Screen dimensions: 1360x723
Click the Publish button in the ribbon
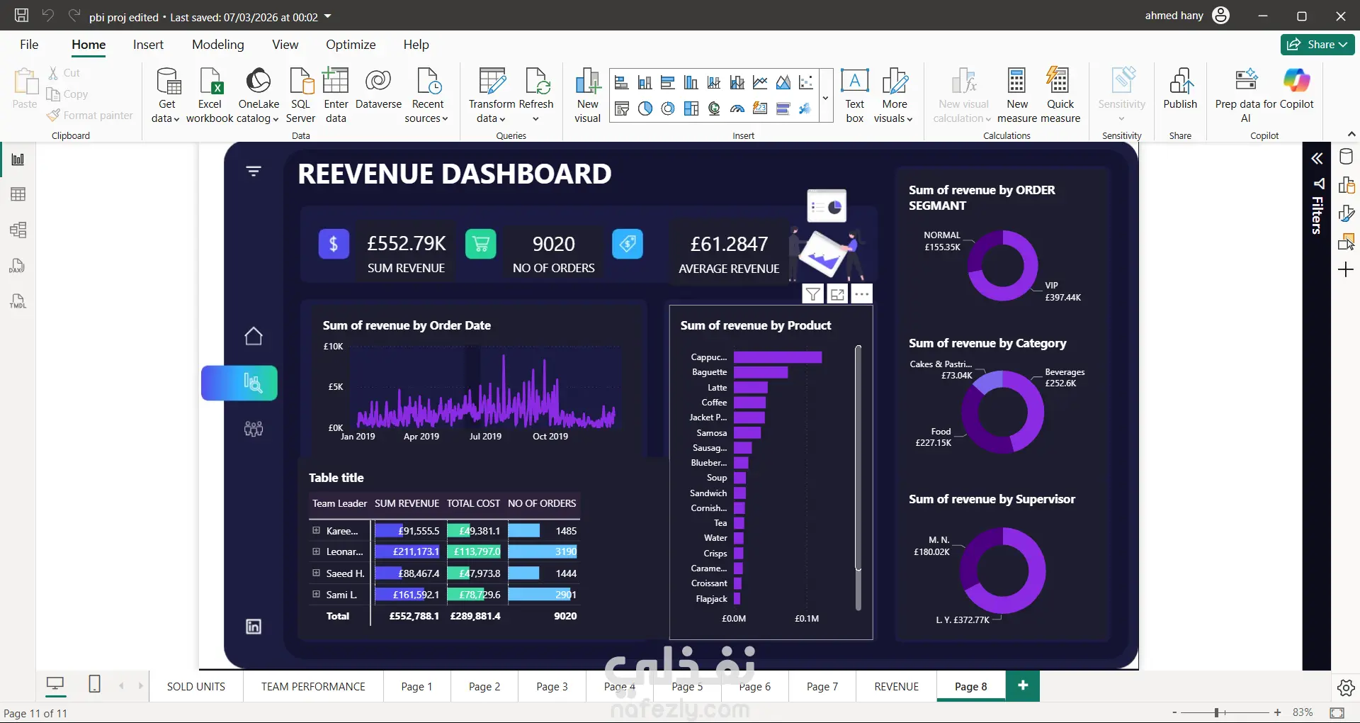coord(1180,89)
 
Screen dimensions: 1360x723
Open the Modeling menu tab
coord(217,45)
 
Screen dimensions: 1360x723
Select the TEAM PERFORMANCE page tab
coord(313,686)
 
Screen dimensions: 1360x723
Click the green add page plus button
coord(1023,685)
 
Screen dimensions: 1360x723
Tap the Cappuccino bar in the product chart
coord(778,357)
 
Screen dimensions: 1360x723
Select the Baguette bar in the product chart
coord(761,372)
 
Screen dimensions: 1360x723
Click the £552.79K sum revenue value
coord(407,244)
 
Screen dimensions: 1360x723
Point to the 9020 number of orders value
coord(554,244)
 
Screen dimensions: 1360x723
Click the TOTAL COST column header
coord(473,503)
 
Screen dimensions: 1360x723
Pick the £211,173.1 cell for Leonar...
coord(416,551)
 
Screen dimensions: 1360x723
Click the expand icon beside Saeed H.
coord(316,573)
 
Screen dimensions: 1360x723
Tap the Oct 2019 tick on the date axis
coord(550,437)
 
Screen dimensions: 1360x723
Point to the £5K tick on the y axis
coord(336,387)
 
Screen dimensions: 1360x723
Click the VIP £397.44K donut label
coord(1062,291)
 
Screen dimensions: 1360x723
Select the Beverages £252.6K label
coord(1065,378)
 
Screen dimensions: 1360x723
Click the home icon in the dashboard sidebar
coord(254,336)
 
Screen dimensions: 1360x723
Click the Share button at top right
coord(1317,45)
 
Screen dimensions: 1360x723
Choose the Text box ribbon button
coord(855,96)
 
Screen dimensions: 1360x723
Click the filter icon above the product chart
coord(813,294)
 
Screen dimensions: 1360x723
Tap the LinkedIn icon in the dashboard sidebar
coord(254,627)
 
